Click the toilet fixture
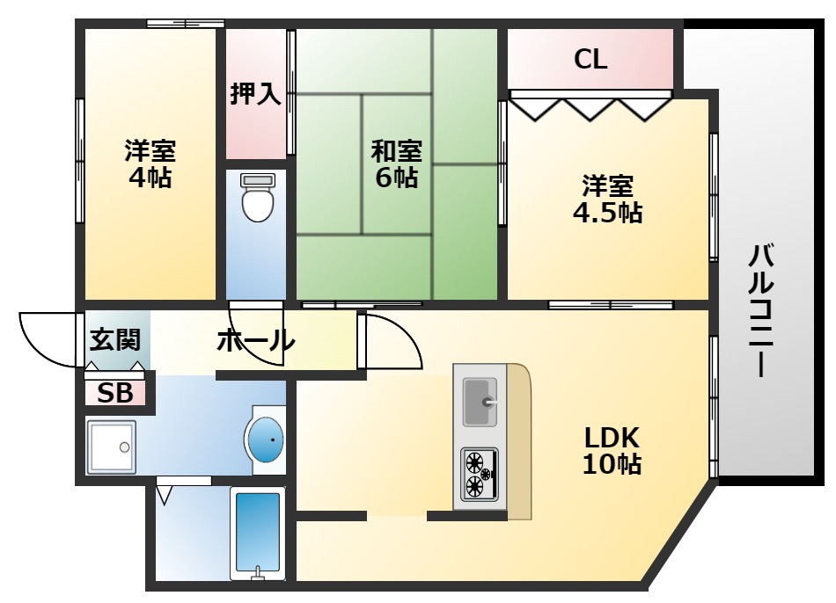258,197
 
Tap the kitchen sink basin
480,403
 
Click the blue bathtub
258,534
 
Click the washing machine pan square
112,447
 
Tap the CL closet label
590,59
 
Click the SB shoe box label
115,393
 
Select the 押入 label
255,94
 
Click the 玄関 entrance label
114,339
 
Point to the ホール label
256,340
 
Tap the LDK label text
612,438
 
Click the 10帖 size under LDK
612,464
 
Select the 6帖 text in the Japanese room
396,177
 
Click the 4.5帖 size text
607,213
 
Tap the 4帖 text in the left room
150,177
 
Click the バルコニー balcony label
761,310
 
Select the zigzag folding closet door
590,109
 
